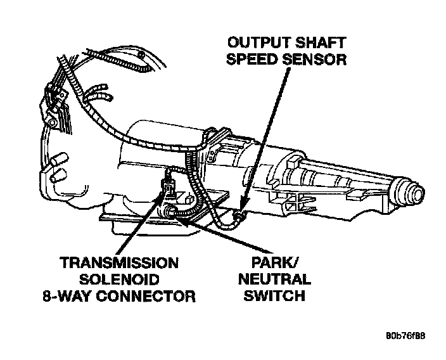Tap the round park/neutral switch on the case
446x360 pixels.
click(x=170, y=211)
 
